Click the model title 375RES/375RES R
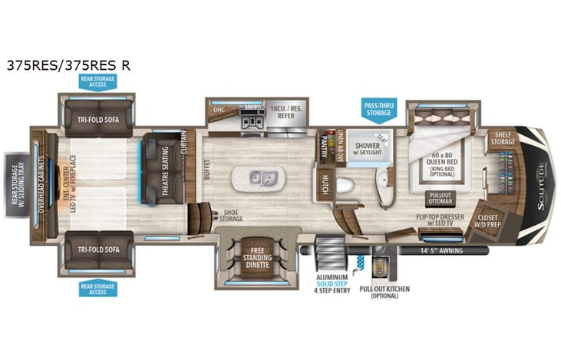click(x=68, y=65)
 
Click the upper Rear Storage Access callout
click(x=97, y=81)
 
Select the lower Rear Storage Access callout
click(x=97, y=288)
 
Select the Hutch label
click(x=325, y=184)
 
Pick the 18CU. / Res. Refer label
click(x=285, y=114)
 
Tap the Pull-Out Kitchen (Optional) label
click(x=378, y=293)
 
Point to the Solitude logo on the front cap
click(x=542, y=180)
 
